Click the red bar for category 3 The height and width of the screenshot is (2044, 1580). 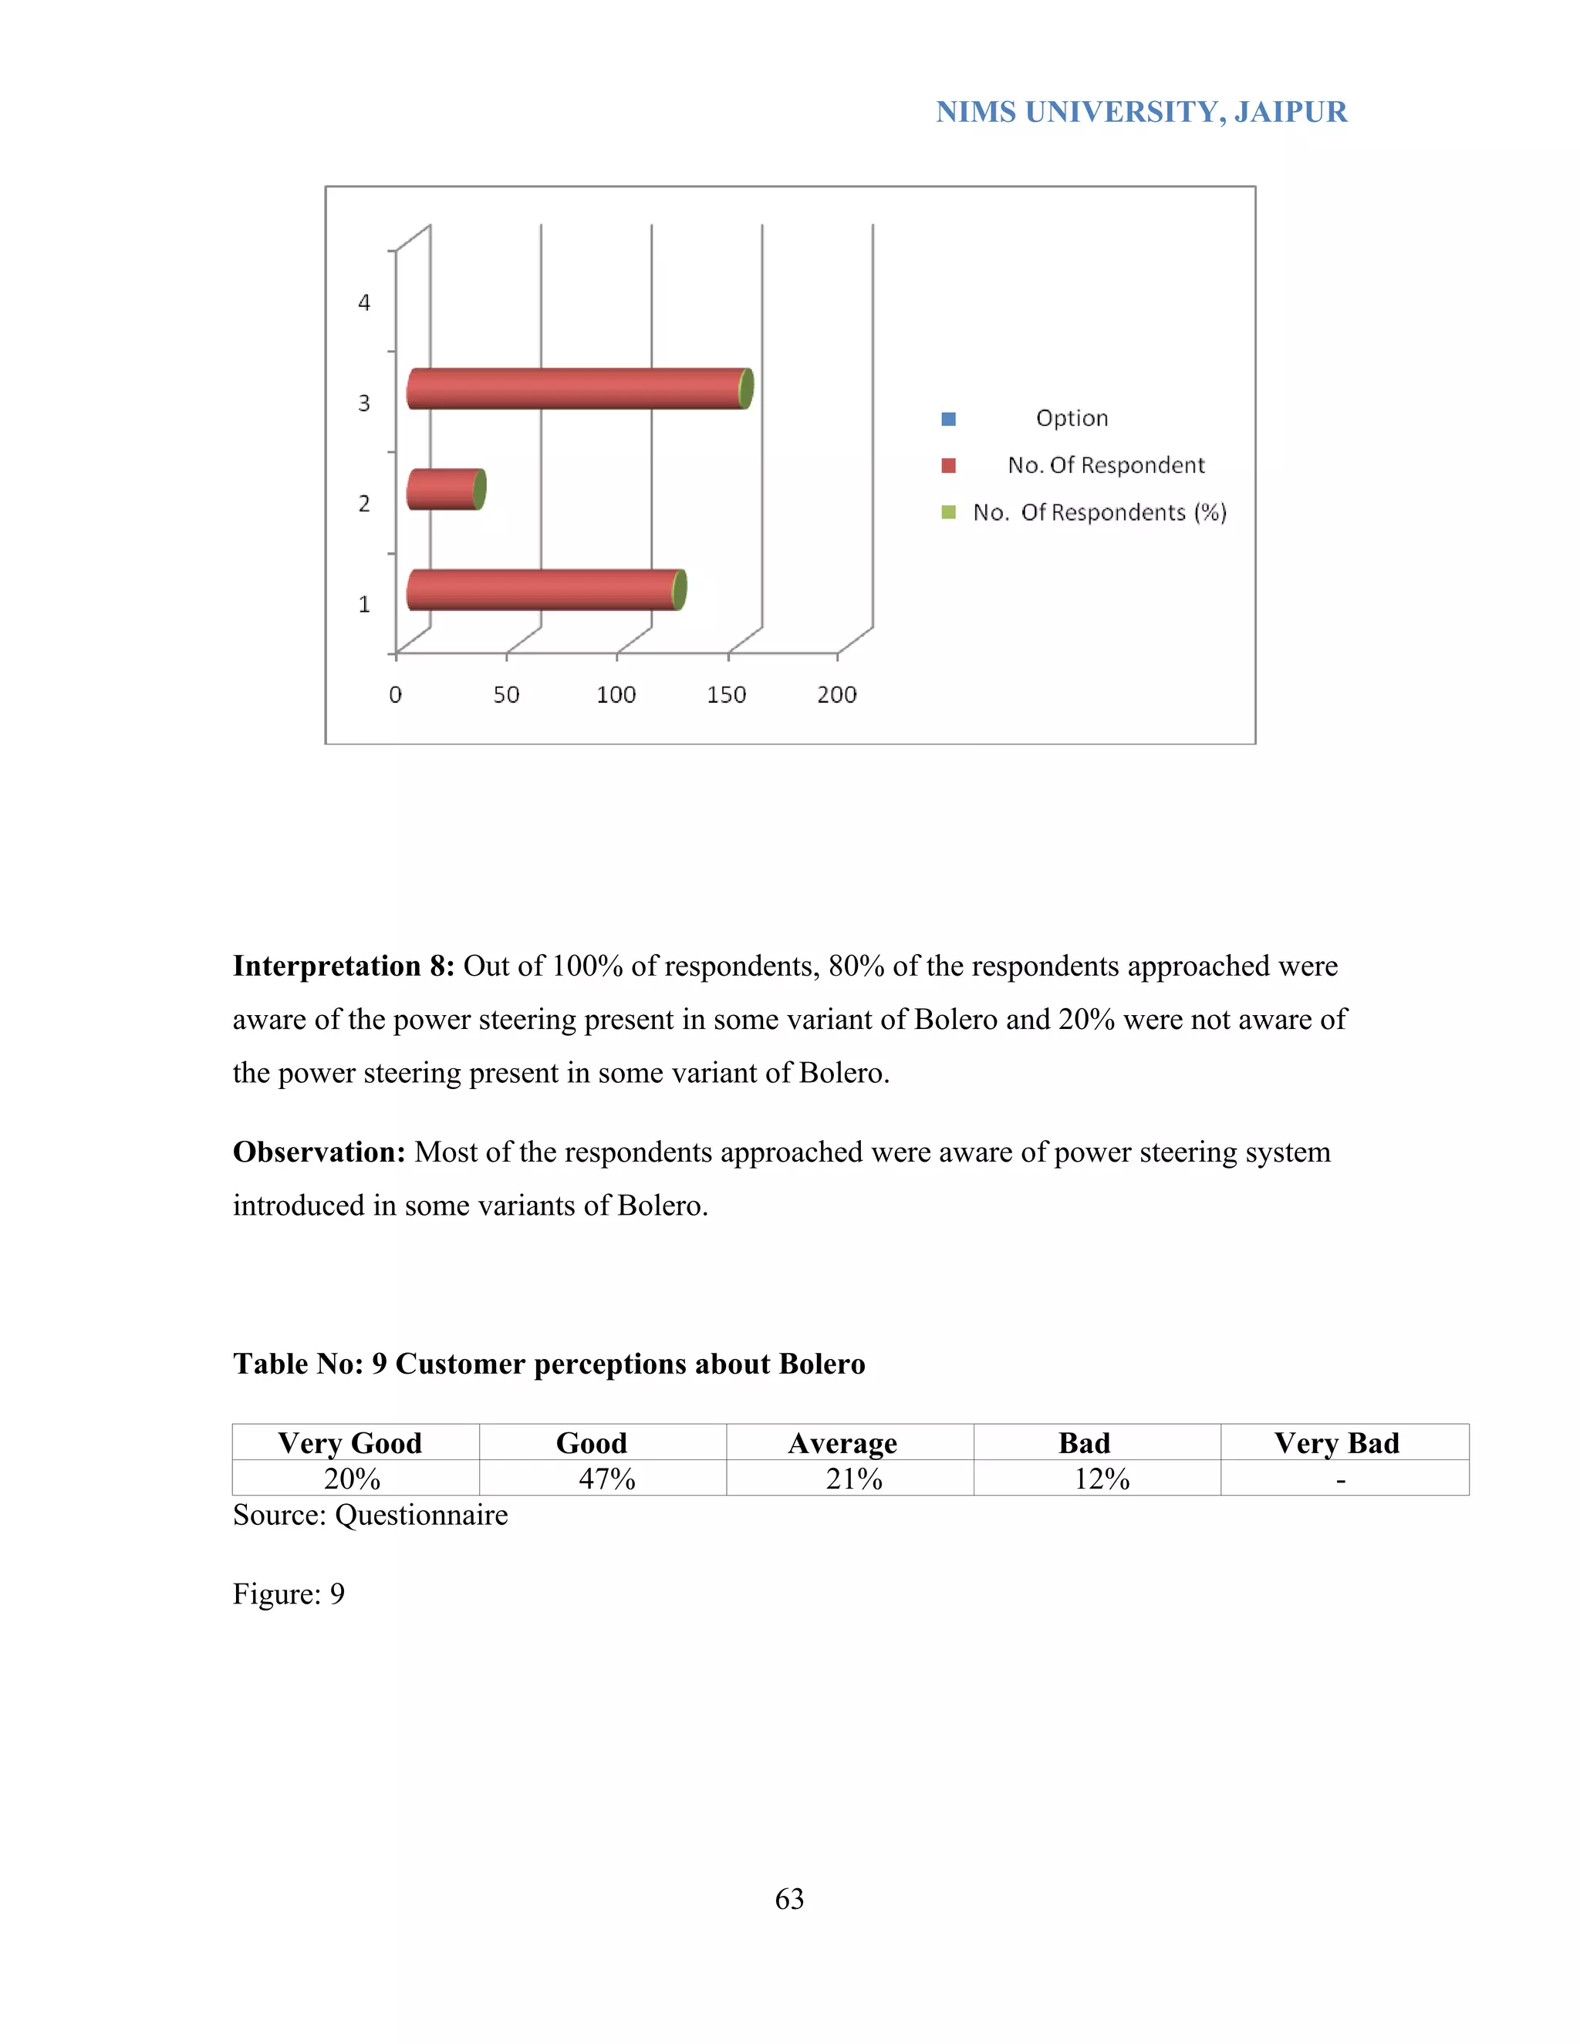[x=576, y=389]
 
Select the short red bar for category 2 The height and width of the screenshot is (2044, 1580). [x=444, y=490]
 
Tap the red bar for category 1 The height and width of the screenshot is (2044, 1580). [x=543, y=589]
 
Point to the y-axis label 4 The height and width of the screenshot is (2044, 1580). [x=364, y=302]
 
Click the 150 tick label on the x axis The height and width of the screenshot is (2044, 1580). [x=726, y=694]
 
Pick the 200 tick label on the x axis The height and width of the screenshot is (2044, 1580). [x=837, y=694]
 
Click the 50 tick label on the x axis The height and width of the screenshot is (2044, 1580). [x=506, y=694]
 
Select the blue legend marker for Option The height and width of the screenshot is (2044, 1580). [x=948, y=418]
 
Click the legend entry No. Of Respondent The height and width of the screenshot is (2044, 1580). [x=1106, y=465]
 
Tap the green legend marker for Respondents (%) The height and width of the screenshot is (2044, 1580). [x=948, y=512]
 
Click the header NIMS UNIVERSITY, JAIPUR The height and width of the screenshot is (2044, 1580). [x=1141, y=113]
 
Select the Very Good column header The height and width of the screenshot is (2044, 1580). [x=350, y=1442]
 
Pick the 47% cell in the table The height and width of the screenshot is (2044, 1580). [x=606, y=1479]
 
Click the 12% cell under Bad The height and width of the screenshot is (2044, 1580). [x=1102, y=1479]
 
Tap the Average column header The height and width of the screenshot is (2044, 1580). [x=842, y=1442]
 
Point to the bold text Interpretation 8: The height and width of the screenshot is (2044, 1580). [x=343, y=966]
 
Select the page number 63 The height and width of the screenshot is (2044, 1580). [x=789, y=1898]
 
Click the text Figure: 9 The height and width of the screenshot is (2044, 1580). [x=289, y=1593]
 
